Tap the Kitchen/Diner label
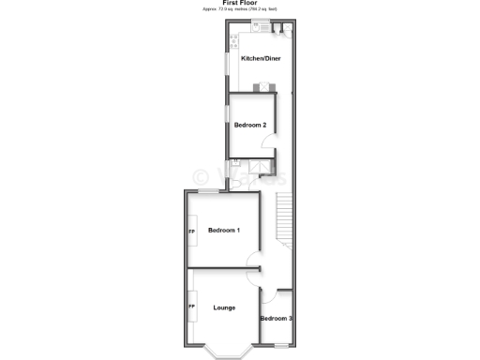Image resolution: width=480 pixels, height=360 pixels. (261, 59)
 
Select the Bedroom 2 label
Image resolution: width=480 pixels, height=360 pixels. (250, 125)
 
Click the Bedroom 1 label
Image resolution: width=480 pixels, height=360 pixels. (224, 231)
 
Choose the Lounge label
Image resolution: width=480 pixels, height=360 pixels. (223, 307)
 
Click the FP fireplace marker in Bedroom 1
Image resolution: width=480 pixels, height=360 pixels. (192, 231)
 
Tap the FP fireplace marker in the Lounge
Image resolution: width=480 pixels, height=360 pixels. (192, 307)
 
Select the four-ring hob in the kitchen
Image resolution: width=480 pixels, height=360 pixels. (233, 40)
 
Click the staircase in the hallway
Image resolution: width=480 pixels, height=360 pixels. (285, 220)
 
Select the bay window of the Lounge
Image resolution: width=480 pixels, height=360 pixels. (225, 352)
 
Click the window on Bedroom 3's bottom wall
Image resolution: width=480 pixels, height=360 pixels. (278, 344)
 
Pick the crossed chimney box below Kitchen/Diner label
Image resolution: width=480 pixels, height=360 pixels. (265, 86)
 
